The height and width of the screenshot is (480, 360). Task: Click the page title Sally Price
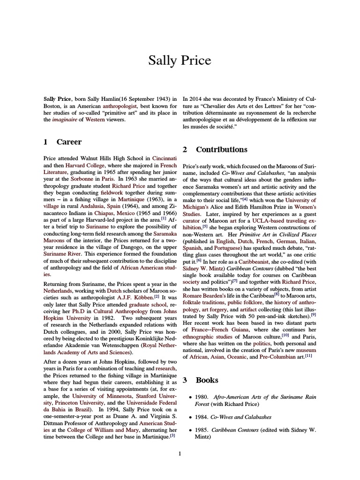point(180,60)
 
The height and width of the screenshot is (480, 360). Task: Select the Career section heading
point(69,142)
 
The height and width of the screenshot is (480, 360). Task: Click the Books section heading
point(207,380)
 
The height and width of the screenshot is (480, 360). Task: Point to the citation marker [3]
point(172,435)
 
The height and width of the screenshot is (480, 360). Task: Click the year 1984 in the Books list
point(204,417)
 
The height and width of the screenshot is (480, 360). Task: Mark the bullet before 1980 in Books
point(190,397)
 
